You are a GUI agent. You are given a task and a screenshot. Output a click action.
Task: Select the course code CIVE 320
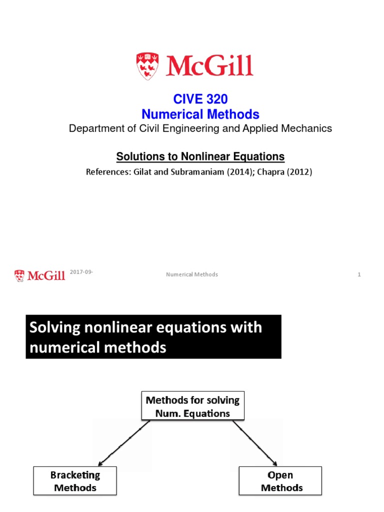click(x=200, y=100)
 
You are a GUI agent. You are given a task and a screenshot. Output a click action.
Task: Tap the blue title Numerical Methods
click(x=200, y=114)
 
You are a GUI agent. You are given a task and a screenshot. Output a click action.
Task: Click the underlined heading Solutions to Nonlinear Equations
click(x=200, y=156)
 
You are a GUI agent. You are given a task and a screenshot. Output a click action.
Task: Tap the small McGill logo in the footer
click(x=39, y=275)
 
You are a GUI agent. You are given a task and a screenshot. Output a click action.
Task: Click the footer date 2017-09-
click(x=82, y=271)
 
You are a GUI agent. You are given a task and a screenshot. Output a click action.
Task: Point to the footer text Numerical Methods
click(x=192, y=274)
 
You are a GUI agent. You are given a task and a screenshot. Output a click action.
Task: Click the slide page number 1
click(x=359, y=274)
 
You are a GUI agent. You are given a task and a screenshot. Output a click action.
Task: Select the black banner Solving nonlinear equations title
click(x=153, y=336)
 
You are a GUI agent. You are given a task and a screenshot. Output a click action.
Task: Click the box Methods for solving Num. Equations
click(x=192, y=406)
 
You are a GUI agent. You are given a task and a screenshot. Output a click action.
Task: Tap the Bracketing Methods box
click(x=75, y=480)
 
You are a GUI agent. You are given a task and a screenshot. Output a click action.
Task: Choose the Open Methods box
click(x=280, y=480)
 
